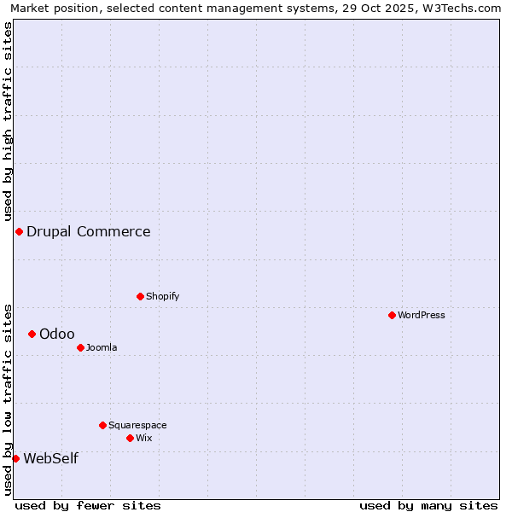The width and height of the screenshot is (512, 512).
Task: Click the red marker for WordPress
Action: [x=392, y=315]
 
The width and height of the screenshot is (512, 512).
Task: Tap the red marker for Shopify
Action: [x=140, y=296]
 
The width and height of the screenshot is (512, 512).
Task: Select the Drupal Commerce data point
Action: [x=19, y=231]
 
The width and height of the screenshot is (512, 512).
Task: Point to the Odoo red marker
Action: [x=32, y=334]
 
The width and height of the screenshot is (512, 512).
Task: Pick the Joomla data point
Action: [x=80, y=347]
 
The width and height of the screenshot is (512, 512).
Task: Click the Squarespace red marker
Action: [x=102, y=425]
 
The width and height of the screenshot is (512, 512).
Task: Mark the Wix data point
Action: [x=130, y=438]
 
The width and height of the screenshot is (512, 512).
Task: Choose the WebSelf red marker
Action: [x=15, y=458]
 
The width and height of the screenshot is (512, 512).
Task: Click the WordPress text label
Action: [x=422, y=315]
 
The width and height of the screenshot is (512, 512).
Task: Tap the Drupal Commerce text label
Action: [x=89, y=231]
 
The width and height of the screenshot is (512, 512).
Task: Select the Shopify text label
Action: [x=163, y=296]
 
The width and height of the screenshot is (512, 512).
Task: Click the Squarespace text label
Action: [x=137, y=425]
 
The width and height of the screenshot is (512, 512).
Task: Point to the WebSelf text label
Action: [x=51, y=458]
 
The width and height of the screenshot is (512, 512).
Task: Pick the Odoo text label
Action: [x=57, y=334]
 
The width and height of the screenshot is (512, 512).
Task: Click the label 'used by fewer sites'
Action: [x=88, y=505]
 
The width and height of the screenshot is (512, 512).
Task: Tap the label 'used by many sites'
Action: [x=428, y=505]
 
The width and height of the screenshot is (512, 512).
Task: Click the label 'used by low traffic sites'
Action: [x=8, y=399]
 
